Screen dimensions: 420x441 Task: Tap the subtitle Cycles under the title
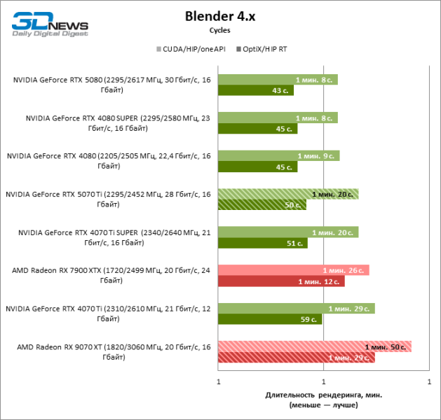pyautogui.click(x=220, y=30)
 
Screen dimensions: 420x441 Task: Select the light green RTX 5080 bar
pyautogui.click(x=278, y=79)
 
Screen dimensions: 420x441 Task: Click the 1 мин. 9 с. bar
pyautogui.click(x=279, y=155)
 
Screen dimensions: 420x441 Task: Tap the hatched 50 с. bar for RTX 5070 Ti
pyautogui.click(x=262, y=205)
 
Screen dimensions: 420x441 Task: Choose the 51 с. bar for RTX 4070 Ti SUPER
pyautogui.click(x=263, y=243)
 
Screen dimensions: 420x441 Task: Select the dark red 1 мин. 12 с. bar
pyautogui.click(x=281, y=281)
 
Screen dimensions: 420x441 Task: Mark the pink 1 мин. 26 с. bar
pyautogui.click(x=294, y=270)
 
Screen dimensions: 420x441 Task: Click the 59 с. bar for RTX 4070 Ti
pyautogui.click(x=270, y=319)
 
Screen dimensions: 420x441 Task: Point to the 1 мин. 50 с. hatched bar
pyautogui.click(x=315, y=346)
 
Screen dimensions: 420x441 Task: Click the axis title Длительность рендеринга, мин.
pyautogui.click(x=323, y=395)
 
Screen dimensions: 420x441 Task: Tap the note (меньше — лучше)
pyautogui.click(x=323, y=405)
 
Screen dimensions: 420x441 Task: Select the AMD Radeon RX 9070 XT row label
pyautogui.click(x=112, y=352)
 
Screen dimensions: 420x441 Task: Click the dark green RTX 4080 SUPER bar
pyautogui.click(x=258, y=129)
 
